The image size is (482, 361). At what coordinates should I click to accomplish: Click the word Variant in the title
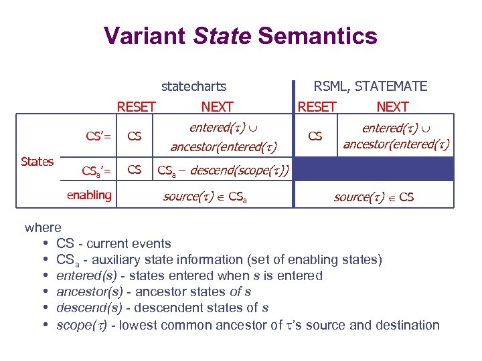(144, 35)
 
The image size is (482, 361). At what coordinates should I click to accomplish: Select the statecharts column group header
(193, 86)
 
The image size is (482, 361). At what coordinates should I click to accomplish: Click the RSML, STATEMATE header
(371, 86)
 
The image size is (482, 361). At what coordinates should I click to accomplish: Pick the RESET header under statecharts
(136, 106)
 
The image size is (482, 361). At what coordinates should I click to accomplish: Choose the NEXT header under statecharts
(217, 106)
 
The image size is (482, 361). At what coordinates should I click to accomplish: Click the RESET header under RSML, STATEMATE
(317, 106)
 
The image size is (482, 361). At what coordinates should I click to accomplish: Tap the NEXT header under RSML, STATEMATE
(392, 106)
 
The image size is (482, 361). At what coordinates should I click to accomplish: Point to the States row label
(37, 161)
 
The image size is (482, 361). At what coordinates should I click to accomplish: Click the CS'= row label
(98, 136)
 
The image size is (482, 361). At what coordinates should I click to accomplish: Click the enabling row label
(89, 195)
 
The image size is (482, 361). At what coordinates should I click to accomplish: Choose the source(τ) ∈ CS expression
(374, 197)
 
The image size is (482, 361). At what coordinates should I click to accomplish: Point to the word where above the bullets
(43, 228)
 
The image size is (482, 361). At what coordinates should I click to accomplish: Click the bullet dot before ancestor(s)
(45, 292)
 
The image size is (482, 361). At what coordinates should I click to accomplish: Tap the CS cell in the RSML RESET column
(315, 136)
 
